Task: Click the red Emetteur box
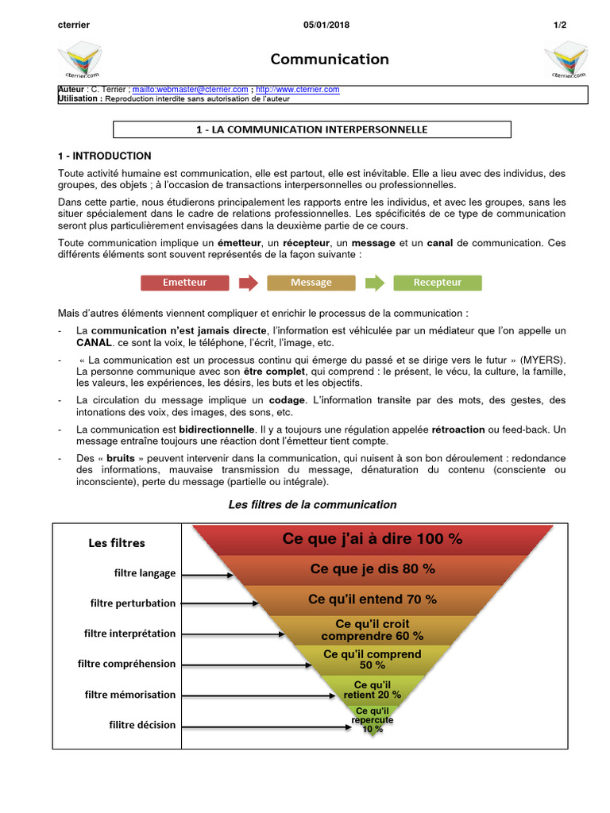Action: click(184, 282)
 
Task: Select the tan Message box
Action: click(311, 282)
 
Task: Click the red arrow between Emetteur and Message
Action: click(248, 282)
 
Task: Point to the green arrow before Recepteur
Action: click(374, 282)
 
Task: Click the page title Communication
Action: click(330, 60)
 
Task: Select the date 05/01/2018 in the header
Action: click(326, 25)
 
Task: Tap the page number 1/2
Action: click(560, 25)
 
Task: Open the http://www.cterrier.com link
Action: click(298, 90)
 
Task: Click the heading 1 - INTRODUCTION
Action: click(104, 156)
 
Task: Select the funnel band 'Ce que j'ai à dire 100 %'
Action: click(373, 539)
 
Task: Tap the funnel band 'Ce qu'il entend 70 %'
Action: click(373, 599)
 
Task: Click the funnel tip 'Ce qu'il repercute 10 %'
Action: click(373, 720)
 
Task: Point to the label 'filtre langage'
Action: click(145, 573)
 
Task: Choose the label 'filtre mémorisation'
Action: click(130, 695)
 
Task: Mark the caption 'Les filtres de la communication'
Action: click(312, 505)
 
